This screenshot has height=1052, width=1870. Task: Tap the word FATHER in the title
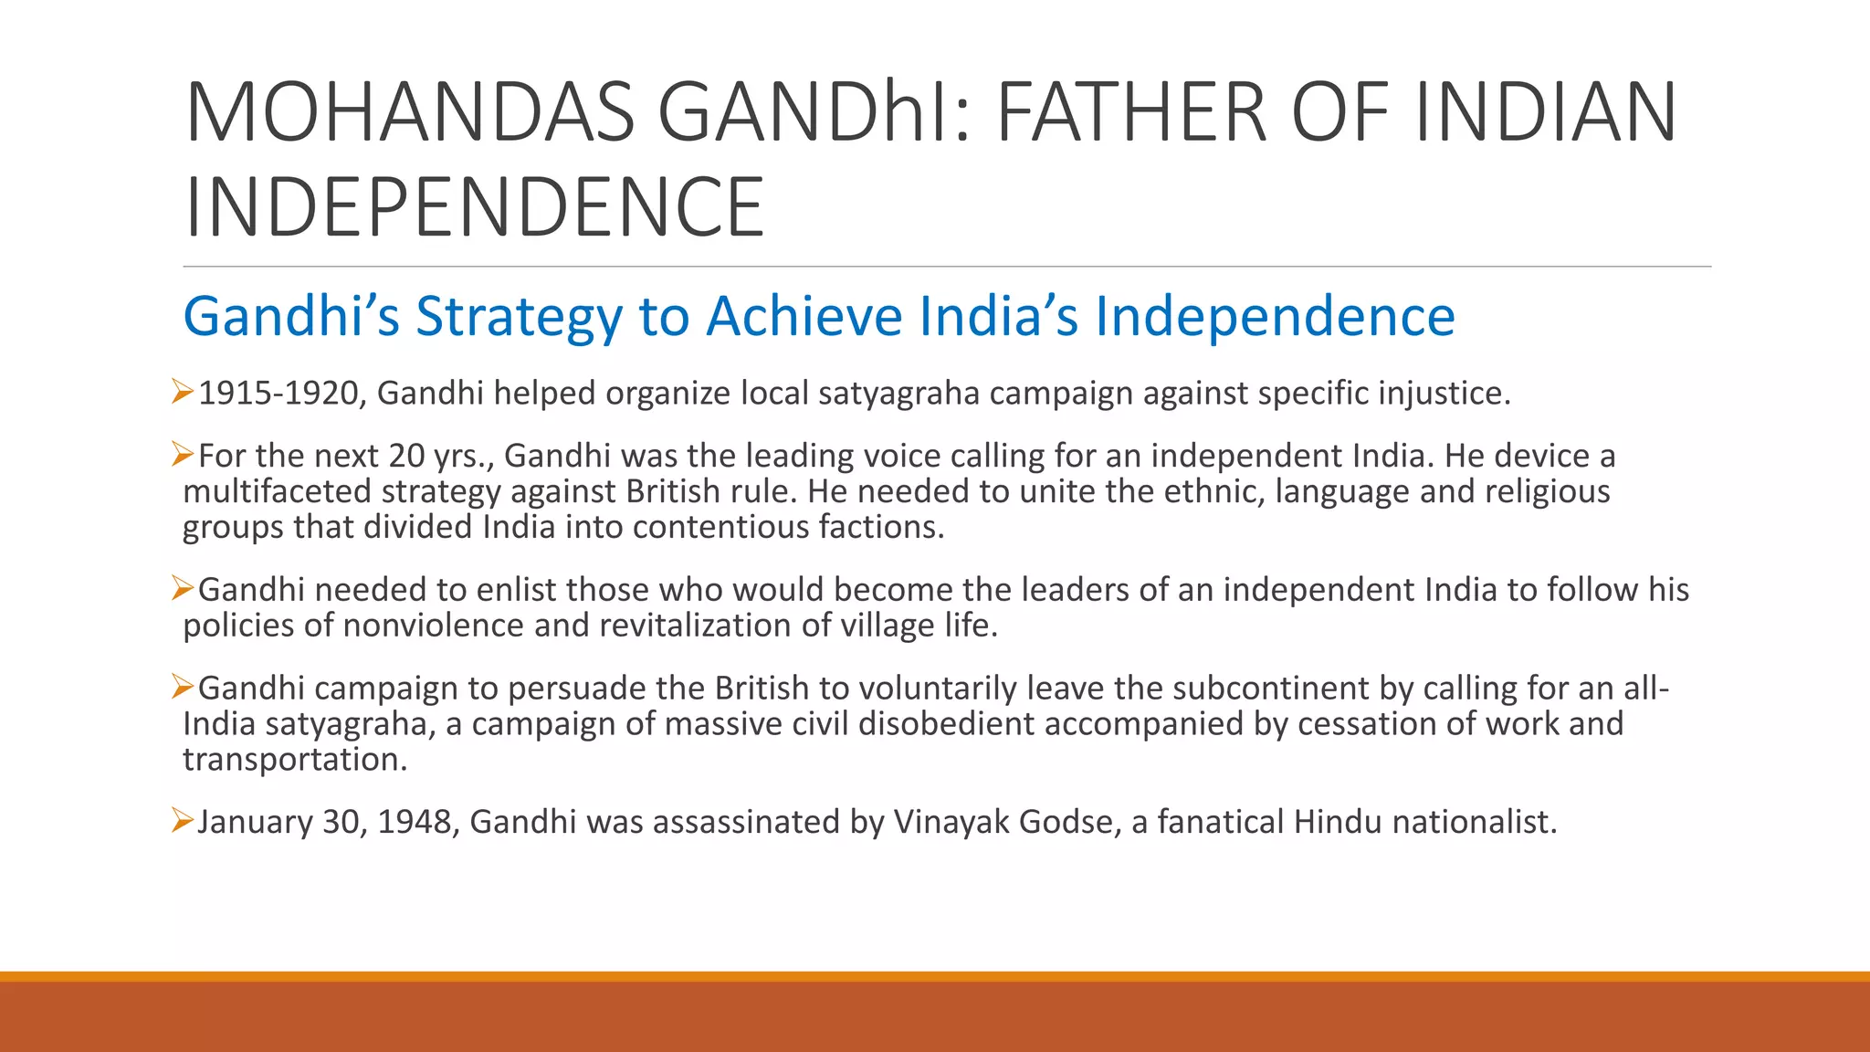(x=1130, y=112)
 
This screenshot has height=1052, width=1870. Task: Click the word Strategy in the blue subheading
(x=519, y=317)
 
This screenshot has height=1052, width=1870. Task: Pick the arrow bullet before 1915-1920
(x=182, y=393)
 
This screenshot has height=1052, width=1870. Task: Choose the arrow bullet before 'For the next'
(x=182, y=454)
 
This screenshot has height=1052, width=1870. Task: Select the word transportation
(x=295, y=760)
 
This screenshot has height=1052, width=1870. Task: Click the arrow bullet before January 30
(x=182, y=821)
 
